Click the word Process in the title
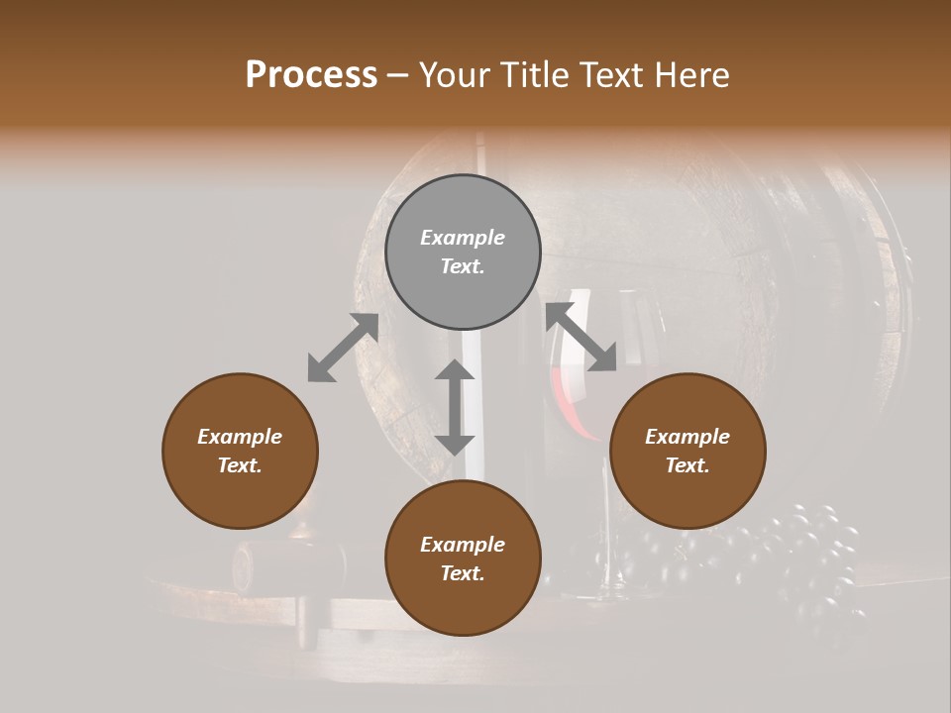coord(311,74)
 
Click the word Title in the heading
coord(534,74)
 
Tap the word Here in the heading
coord(687,74)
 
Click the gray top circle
coord(463,252)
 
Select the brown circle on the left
coord(240,451)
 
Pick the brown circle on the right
coord(687,451)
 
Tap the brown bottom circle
coord(463,559)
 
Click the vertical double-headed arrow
coord(455,407)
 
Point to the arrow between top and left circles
coord(343,348)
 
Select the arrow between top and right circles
coord(581,337)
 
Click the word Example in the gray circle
coord(463,238)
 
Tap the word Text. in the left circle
coord(240,465)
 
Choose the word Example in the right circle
coord(687,437)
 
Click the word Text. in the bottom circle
coord(463,573)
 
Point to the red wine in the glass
coord(573,396)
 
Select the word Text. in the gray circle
coord(463,266)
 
